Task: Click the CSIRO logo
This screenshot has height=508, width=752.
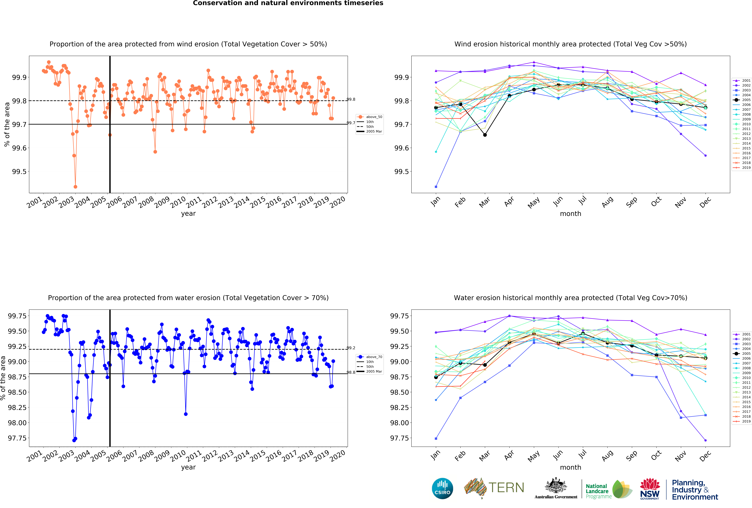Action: tap(442, 488)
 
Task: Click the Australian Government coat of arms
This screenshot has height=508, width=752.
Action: tap(556, 485)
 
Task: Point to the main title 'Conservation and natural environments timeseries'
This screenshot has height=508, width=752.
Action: tap(288, 3)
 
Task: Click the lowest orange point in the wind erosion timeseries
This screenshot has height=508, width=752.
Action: tap(75, 187)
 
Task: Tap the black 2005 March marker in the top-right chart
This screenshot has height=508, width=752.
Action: tap(485, 135)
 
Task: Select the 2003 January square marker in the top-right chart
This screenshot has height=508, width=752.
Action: tap(436, 187)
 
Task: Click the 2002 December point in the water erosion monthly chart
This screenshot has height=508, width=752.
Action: tap(705, 440)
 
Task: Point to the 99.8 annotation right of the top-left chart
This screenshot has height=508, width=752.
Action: tap(351, 99)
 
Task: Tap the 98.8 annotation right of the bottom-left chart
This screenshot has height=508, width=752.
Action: tap(351, 372)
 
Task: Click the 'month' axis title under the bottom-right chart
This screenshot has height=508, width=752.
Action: tap(570, 467)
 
